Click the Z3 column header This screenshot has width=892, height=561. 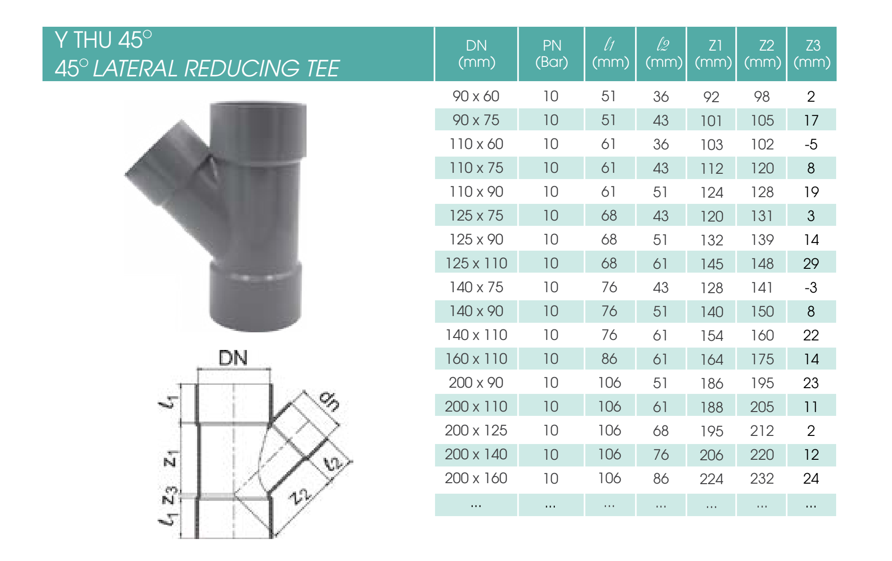[x=812, y=53]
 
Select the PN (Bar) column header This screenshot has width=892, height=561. [x=552, y=53]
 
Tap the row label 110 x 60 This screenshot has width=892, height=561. [x=476, y=144]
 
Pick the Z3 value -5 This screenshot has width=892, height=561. [x=811, y=144]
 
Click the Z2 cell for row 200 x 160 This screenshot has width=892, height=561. [x=762, y=478]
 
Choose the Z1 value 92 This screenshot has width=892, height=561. [x=711, y=97]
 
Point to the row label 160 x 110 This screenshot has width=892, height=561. [x=476, y=359]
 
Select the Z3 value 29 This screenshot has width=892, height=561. [x=811, y=264]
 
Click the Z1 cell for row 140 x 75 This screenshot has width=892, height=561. [x=711, y=288]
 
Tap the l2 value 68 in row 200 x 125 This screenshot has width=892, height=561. [x=661, y=431]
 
